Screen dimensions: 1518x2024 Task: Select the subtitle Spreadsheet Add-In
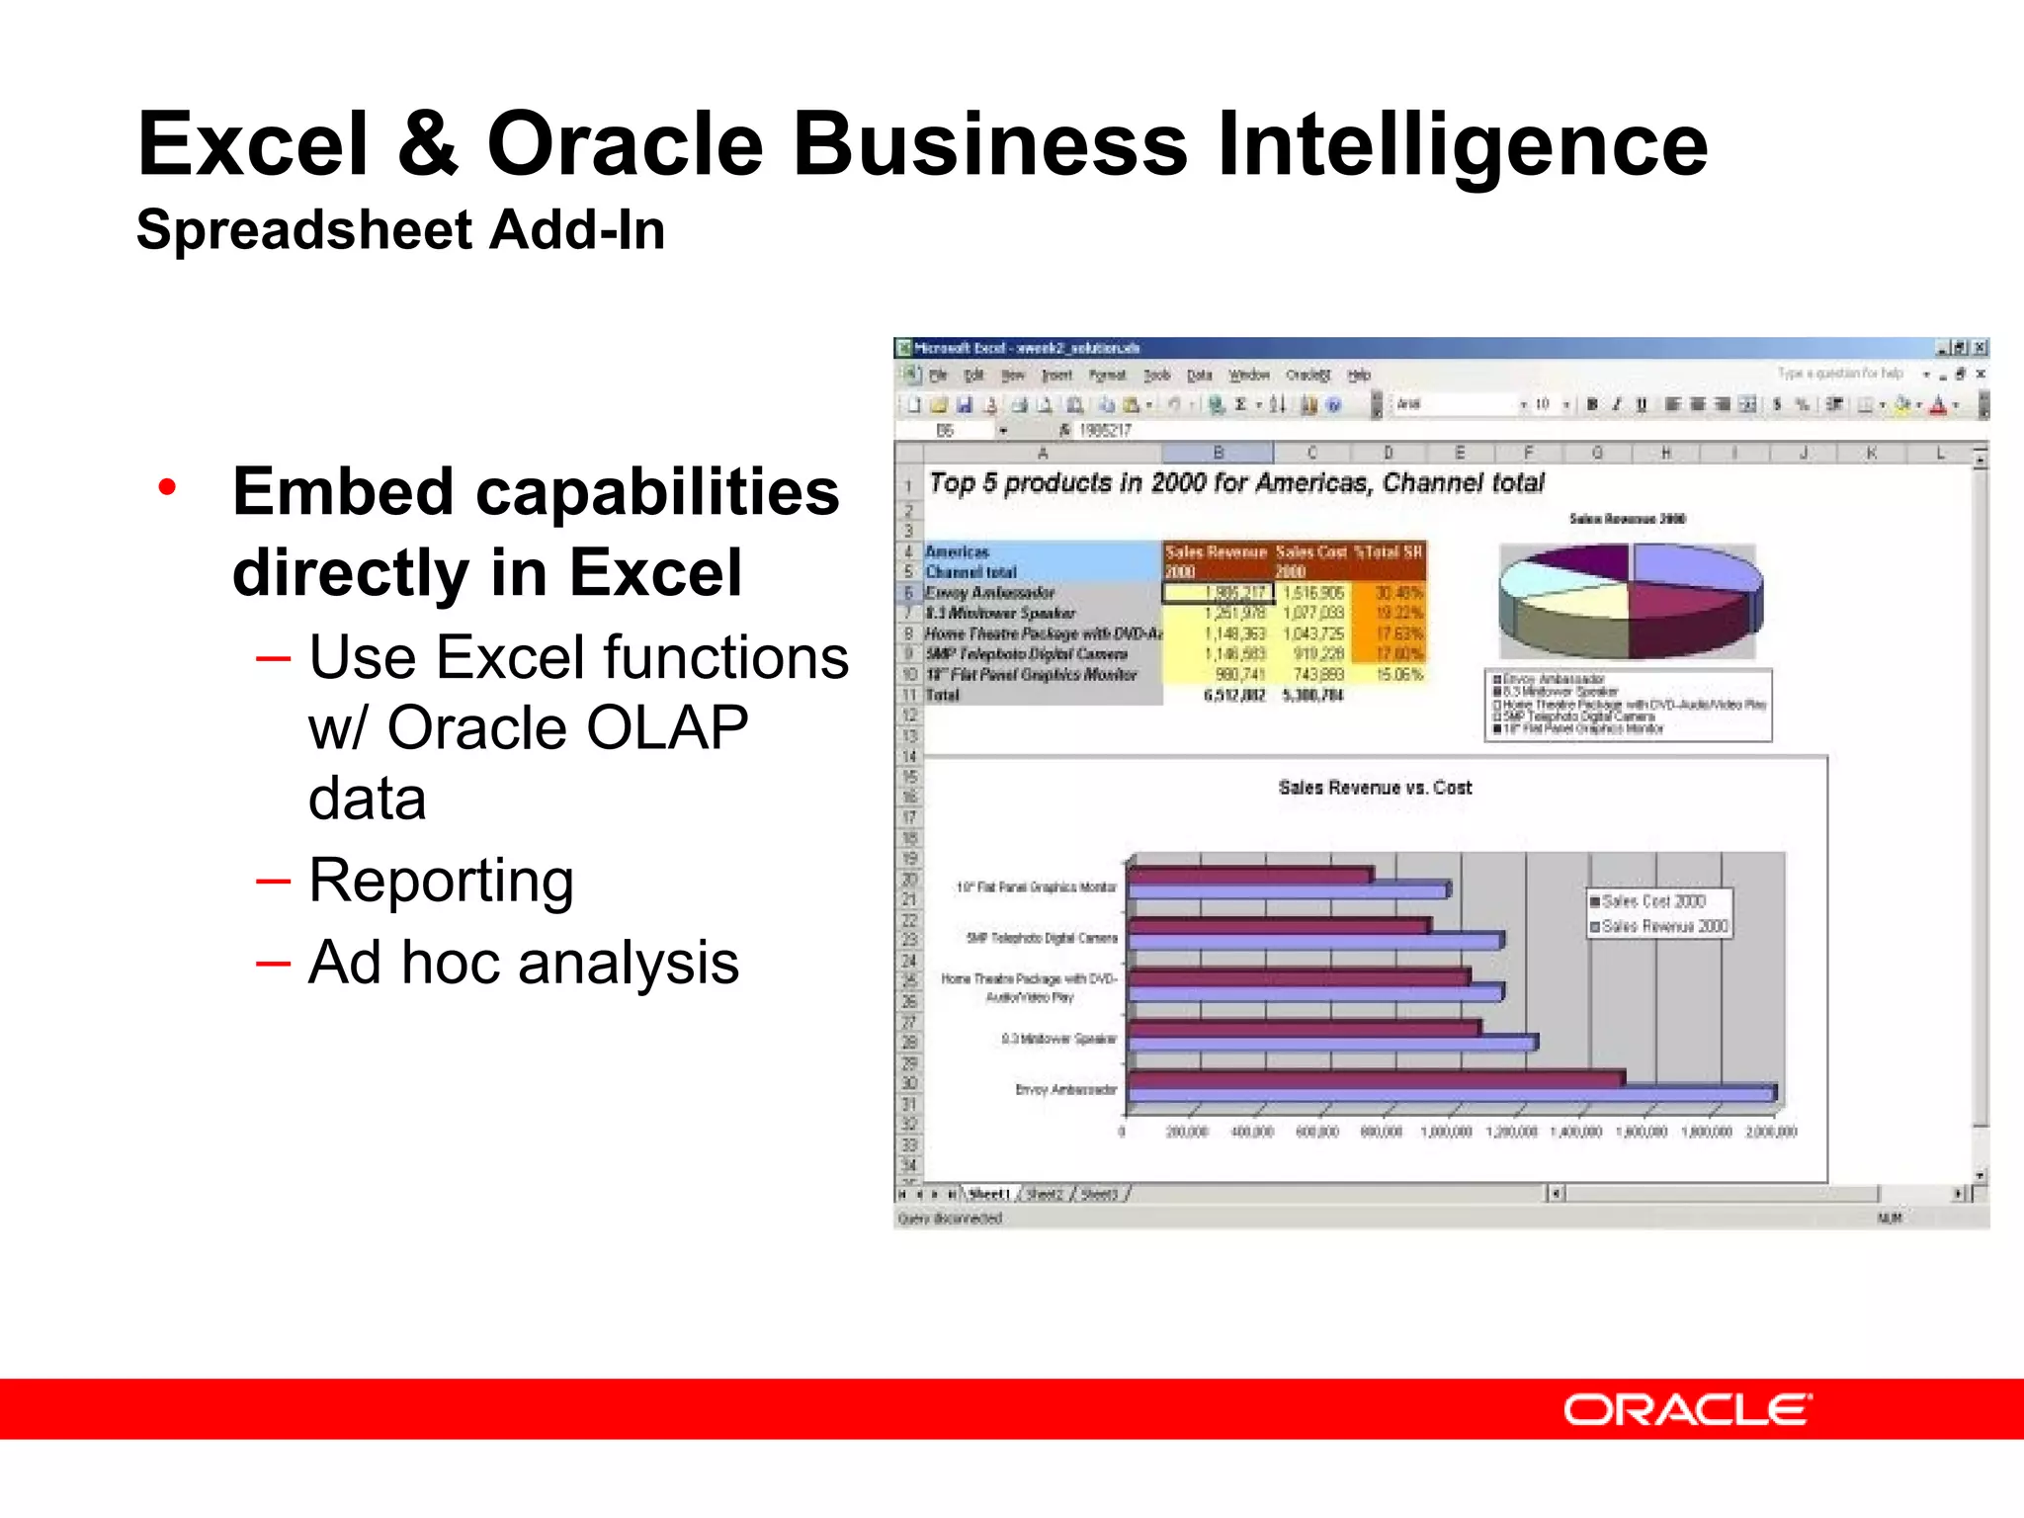(400, 230)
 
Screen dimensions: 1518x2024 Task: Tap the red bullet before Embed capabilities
(167, 487)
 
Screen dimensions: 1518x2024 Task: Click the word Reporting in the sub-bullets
(441, 880)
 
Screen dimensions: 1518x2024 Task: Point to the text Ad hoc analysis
(523, 963)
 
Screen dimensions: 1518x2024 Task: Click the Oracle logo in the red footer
(1687, 1409)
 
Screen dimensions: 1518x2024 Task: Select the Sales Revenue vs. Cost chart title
(1374, 788)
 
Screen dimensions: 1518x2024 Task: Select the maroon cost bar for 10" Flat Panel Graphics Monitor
(1249, 875)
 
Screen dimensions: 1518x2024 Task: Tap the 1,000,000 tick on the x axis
(1446, 1133)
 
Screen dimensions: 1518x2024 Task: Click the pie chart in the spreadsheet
(1628, 600)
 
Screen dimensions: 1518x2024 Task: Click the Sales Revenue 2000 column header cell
(1216, 561)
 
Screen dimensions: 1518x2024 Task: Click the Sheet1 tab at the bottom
(989, 1195)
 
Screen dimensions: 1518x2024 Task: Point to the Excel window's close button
(1980, 348)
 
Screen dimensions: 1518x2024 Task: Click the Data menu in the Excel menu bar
(1199, 376)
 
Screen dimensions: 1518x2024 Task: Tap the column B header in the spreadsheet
(1218, 454)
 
